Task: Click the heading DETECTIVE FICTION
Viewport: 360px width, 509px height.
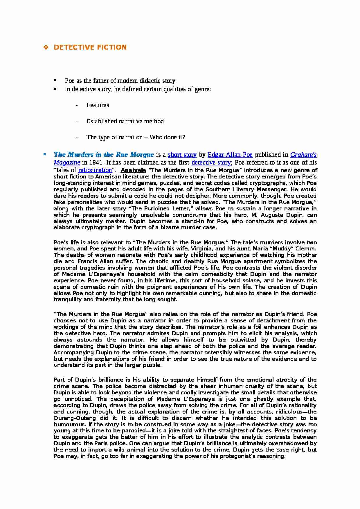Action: (x=90, y=47)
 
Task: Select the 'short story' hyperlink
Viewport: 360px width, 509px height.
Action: (x=182, y=155)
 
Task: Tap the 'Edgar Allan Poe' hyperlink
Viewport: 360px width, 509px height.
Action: (x=230, y=155)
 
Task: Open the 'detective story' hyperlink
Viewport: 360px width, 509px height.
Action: (x=211, y=163)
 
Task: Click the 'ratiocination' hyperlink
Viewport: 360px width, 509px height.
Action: (x=95, y=170)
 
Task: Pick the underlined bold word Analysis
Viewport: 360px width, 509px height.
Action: (x=133, y=170)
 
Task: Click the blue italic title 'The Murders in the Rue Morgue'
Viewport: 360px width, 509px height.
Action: (x=104, y=154)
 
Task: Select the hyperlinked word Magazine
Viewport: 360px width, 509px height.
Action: (x=67, y=163)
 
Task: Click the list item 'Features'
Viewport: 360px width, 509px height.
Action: (x=98, y=105)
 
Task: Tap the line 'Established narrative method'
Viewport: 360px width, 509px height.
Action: (x=125, y=121)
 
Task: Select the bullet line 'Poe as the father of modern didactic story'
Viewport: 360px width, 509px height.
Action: (x=120, y=81)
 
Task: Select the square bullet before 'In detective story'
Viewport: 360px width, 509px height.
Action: (x=55, y=89)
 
